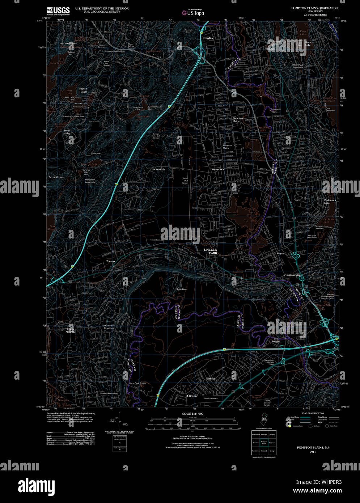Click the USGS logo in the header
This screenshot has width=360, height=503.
58,11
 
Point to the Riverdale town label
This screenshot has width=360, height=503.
208,38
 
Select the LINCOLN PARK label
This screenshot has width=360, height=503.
210,252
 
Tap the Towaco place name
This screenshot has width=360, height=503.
110,261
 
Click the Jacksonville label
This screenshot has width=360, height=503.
158,169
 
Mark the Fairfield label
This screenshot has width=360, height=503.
210,379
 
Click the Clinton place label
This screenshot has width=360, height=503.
192,396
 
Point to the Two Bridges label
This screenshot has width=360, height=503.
276,340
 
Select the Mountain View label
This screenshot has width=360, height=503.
292,275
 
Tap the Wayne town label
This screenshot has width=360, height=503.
281,254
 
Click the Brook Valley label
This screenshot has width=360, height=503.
67,132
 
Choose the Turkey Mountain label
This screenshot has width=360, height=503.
57,177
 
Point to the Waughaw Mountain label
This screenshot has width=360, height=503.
90,181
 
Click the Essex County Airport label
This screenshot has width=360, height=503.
267,403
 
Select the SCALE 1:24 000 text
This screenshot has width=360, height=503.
192,414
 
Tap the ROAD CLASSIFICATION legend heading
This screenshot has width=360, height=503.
313,413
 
